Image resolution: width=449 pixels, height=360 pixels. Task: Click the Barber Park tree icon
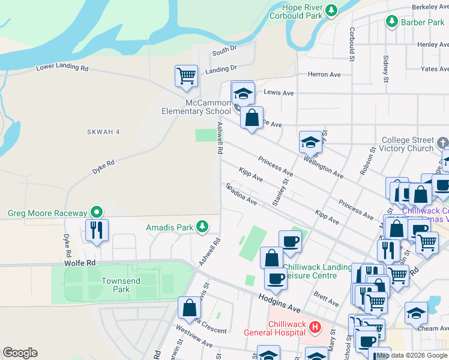pos(392,22)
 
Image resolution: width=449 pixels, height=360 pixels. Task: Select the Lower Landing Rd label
pos(62,67)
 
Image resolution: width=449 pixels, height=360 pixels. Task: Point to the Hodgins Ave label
pos(280,301)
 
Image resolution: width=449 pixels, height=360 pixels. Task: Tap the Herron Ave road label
pos(324,74)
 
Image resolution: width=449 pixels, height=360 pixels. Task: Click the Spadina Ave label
pos(241,194)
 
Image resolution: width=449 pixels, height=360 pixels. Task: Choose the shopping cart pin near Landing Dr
pos(187,76)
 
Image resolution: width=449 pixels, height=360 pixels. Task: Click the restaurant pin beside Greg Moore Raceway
pos(97,229)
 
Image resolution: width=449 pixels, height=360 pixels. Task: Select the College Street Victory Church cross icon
pos(443,143)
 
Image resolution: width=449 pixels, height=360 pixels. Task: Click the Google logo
pos(20,353)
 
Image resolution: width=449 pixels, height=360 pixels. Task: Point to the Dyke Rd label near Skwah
pos(102,167)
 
